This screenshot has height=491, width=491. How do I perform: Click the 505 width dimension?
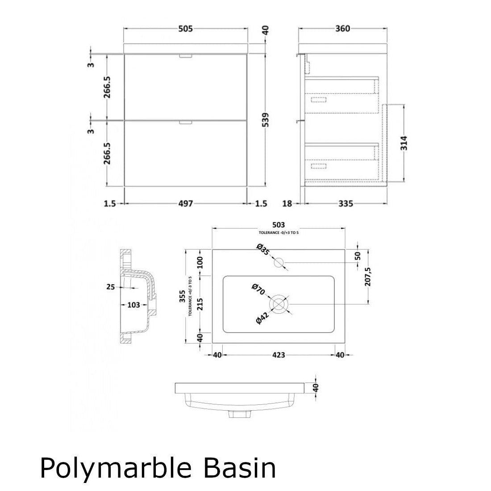coord(185,29)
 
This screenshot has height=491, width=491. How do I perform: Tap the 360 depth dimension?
coord(342,29)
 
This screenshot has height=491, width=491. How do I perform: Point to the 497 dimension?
coord(185,204)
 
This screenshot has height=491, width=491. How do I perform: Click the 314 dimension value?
coord(404,143)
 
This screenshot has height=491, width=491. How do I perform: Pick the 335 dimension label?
coord(345,204)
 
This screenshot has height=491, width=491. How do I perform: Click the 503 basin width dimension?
coord(278,225)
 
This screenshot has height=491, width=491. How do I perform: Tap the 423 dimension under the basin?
coord(278,355)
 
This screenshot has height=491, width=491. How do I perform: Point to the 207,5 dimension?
coord(369,277)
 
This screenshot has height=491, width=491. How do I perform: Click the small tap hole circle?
coord(280,262)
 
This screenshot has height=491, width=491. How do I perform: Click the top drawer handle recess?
coord(185,56)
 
